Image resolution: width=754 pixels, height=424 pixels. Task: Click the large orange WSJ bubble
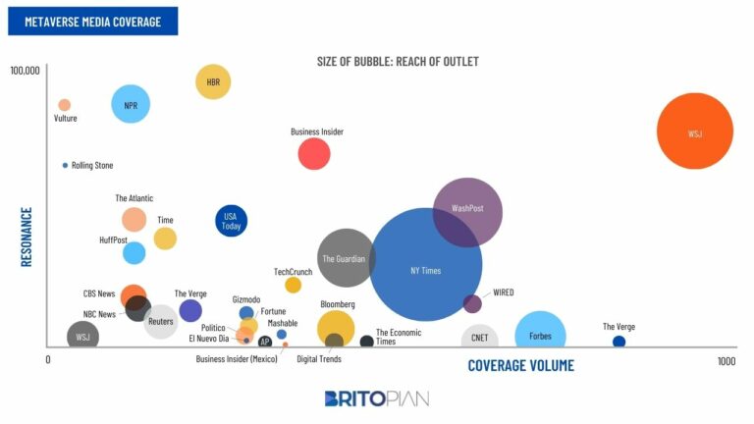tap(695, 132)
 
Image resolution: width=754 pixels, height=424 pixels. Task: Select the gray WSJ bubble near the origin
tap(82, 337)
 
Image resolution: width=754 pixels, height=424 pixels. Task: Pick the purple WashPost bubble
tap(467, 211)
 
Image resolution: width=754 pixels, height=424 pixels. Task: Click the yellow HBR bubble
tap(213, 82)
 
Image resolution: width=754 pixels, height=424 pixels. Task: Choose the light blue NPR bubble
tap(130, 104)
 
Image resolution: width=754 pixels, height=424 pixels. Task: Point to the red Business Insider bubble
tap(314, 153)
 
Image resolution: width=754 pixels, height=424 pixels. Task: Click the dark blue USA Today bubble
tap(231, 221)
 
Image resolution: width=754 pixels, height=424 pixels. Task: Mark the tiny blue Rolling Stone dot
tap(65, 165)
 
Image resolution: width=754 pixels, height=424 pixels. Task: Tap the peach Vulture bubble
tap(65, 105)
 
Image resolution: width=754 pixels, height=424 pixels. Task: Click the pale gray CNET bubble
tap(480, 338)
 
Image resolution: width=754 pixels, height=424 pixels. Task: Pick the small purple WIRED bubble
tap(472, 303)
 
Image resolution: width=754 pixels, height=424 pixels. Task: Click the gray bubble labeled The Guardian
tap(347, 258)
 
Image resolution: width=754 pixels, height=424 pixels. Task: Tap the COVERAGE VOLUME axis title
tap(520, 365)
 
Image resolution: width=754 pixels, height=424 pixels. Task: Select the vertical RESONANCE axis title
tap(27, 237)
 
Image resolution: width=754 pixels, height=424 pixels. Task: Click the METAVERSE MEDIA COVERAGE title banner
tap(93, 21)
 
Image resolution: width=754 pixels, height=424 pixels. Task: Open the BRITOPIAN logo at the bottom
tap(377, 398)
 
